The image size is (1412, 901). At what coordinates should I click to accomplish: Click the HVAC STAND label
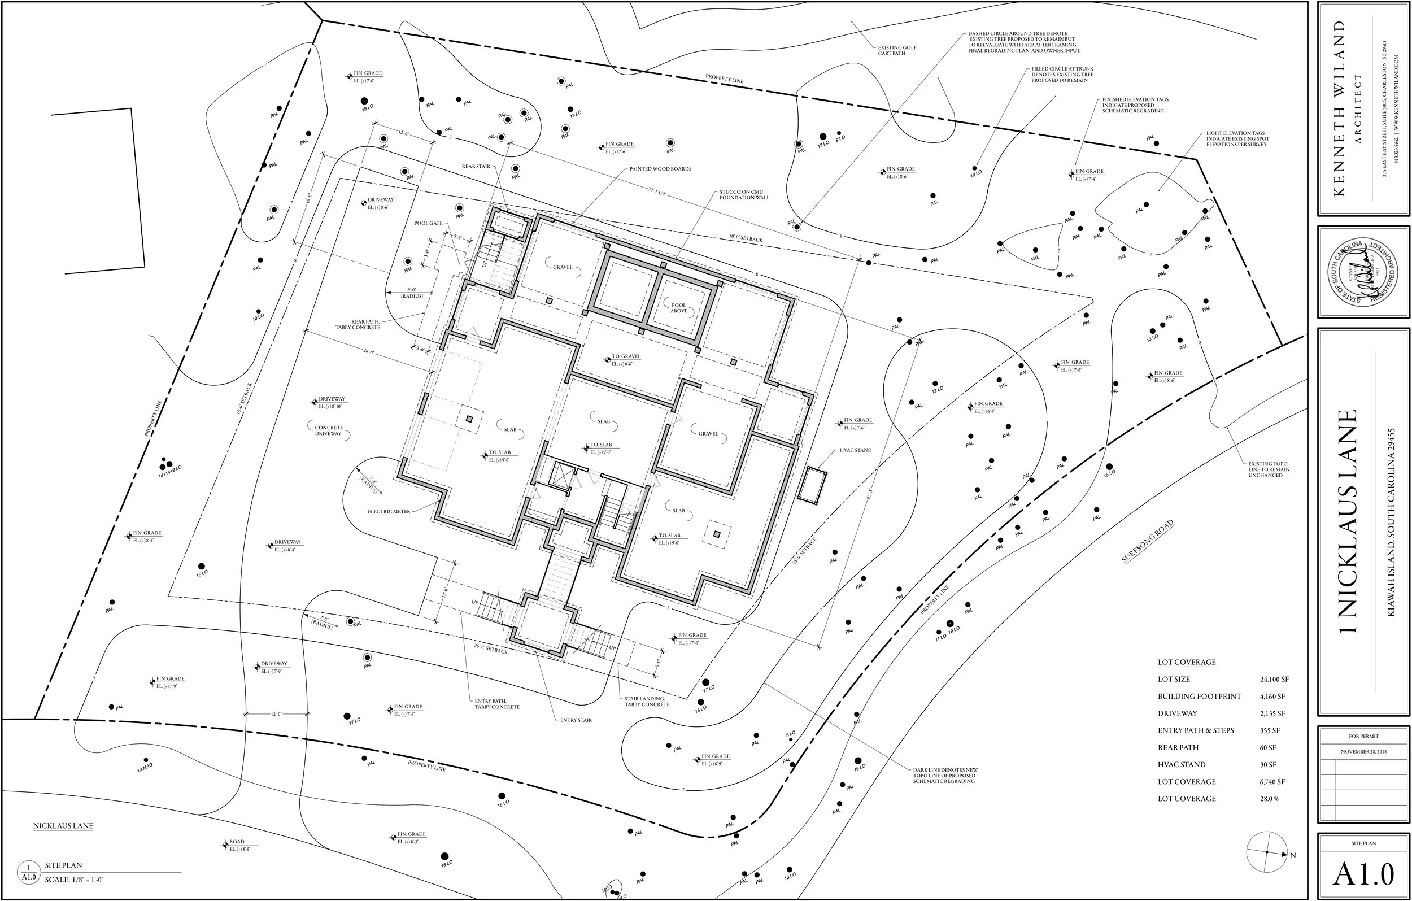[x=856, y=450]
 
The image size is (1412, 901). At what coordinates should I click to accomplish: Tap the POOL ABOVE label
[x=678, y=308]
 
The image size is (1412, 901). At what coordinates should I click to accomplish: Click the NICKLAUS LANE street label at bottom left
[x=63, y=826]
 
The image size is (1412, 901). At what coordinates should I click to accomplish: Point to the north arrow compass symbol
[x=1267, y=868]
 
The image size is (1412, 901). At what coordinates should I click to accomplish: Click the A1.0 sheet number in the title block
[x=1363, y=875]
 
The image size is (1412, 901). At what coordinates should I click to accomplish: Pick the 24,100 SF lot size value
[x=1274, y=679]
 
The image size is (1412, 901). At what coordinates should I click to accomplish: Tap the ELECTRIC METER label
[x=389, y=511]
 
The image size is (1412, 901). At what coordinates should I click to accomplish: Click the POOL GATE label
[x=428, y=224]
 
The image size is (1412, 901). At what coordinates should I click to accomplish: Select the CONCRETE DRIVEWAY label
[x=328, y=430]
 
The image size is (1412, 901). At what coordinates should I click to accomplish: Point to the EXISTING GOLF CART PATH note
[x=896, y=50]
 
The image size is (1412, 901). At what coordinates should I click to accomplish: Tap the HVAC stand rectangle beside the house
[x=812, y=485]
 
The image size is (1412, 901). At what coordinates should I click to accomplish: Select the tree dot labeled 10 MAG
[x=146, y=760]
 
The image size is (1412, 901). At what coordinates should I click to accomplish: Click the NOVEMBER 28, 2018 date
[x=1363, y=752]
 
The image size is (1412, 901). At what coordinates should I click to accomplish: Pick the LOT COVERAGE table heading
[x=1186, y=662]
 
